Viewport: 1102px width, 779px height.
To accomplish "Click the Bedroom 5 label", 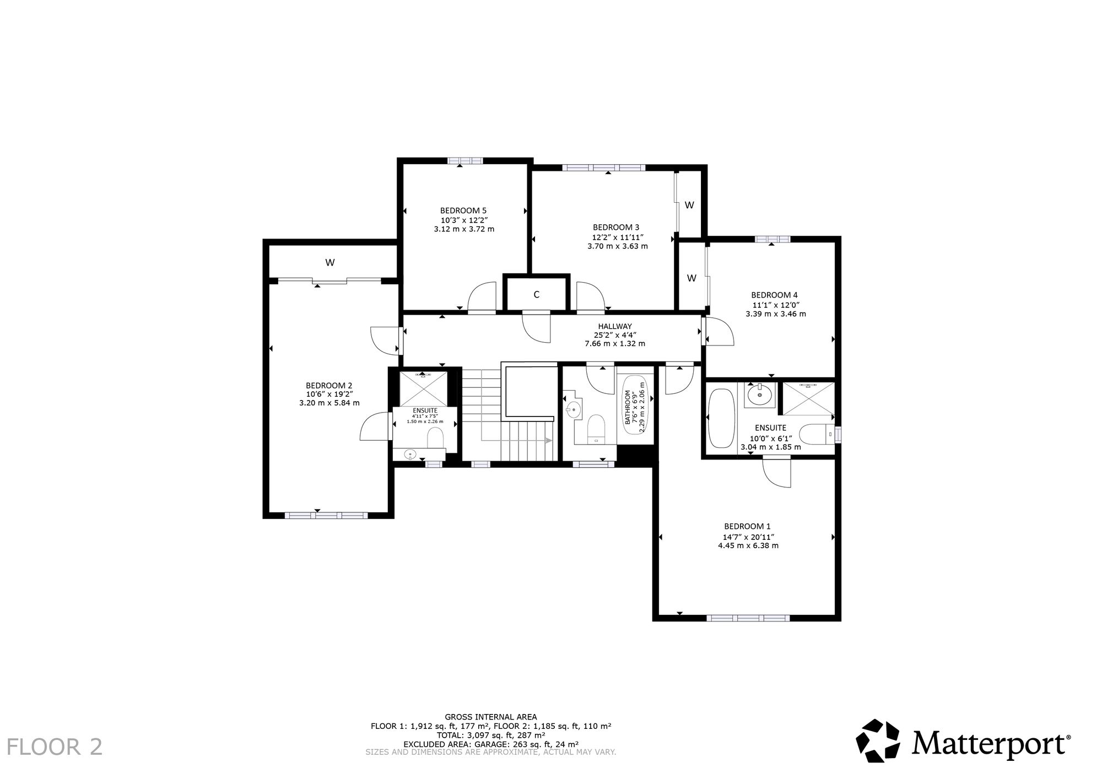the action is click(463, 210).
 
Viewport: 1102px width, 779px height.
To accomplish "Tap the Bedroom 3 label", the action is click(616, 227).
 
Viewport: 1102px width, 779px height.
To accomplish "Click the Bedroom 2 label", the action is click(329, 385).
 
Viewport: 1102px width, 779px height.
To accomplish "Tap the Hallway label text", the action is click(615, 326).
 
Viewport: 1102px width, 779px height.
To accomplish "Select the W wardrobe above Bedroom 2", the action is click(330, 263).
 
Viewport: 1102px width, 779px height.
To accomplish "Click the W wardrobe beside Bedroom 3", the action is click(689, 205).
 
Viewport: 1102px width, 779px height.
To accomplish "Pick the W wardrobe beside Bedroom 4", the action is click(692, 278).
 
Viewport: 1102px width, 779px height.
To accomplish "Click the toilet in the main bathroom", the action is click(596, 429).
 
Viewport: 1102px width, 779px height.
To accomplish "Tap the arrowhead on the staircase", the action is click(549, 440).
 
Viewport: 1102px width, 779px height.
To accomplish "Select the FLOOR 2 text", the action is click(55, 747).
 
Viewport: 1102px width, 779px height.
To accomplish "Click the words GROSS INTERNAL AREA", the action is click(491, 717).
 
